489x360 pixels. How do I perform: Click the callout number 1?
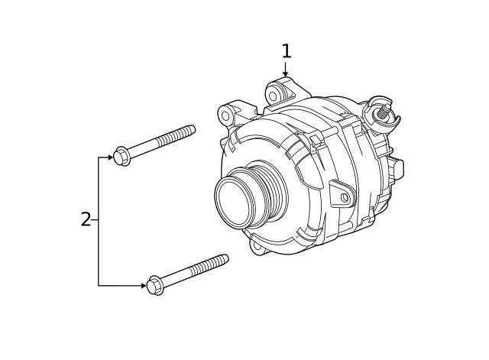click(286, 51)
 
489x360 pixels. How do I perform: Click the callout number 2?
click(86, 220)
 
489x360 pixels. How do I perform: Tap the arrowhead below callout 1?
click(286, 73)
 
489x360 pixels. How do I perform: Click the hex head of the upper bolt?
click(121, 156)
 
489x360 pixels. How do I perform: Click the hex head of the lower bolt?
click(154, 284)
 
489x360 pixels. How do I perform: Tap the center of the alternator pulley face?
click(235, 198)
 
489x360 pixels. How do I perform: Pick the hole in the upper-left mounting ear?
click(225, 115)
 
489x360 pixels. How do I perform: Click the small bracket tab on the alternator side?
click(342, 196)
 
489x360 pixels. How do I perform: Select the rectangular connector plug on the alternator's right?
click(397, 170)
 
